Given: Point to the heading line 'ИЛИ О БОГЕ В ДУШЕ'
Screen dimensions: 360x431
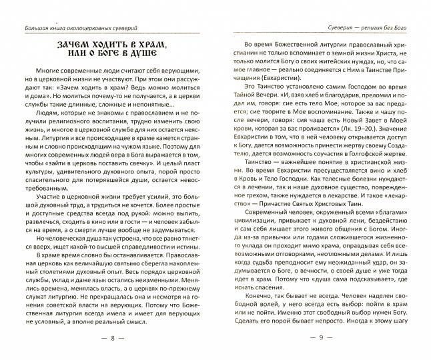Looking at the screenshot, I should coord(113,59).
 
